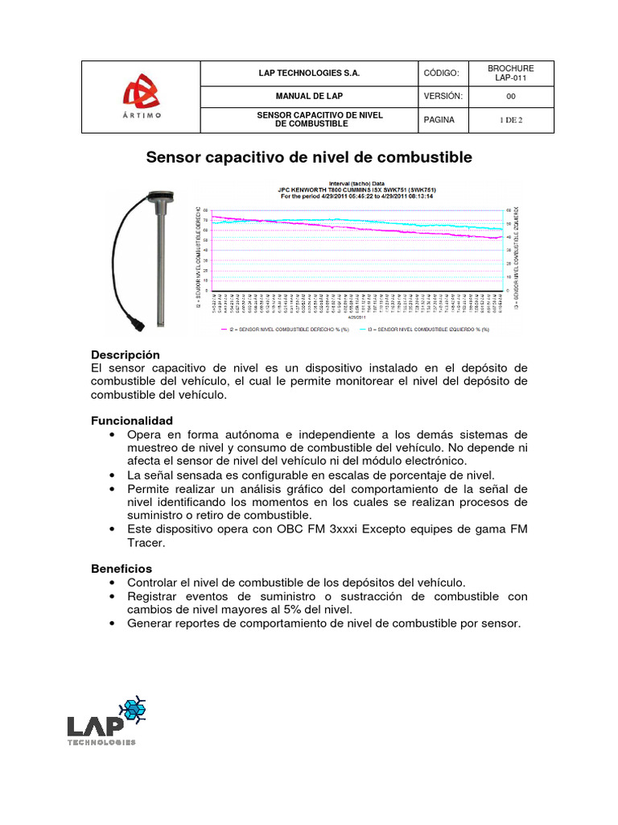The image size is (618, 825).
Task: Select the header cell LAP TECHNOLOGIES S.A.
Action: pyautogui.click(x=309, y=73)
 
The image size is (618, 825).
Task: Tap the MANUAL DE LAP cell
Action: pyautogui.click(x=309, y=96)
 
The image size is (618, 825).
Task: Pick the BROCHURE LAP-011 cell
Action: pyautogui.click(x=511, y=73)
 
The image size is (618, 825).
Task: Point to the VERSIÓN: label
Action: pyautogui.click(x=443, y=96)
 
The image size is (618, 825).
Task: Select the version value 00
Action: pyautogui.click(x=511, y=96)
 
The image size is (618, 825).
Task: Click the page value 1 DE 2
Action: pyautogui.click(x=511, y=120)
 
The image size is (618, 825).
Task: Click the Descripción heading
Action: pyautogui.click(x=126, y=354)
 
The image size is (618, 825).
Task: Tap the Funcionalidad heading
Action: pyautogui.click(x=131, y=421)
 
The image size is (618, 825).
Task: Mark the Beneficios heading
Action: pyautogui.click(x=122, y=568)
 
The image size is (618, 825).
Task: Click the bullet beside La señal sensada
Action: pyautogui.click(x=109, y=475)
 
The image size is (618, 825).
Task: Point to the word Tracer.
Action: pyautogui.click(x=146, y=543)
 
